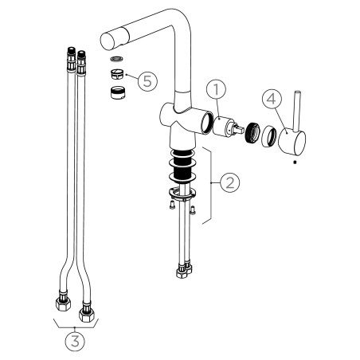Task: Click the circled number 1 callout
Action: pyautogui.click(x=217, y=90)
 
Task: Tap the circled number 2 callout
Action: pyautogui.click(x=230, y=182)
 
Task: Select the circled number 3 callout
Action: pyautogui.click(x=76, y=342)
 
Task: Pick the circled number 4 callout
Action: pyautogui.click(x=272, y=99)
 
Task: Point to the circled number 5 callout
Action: pyautogui.click(x=147, y=81)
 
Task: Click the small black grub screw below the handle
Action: pyautogui.click(x=294, y=162)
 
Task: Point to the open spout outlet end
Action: pyautogui.click(x=108, y=41)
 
